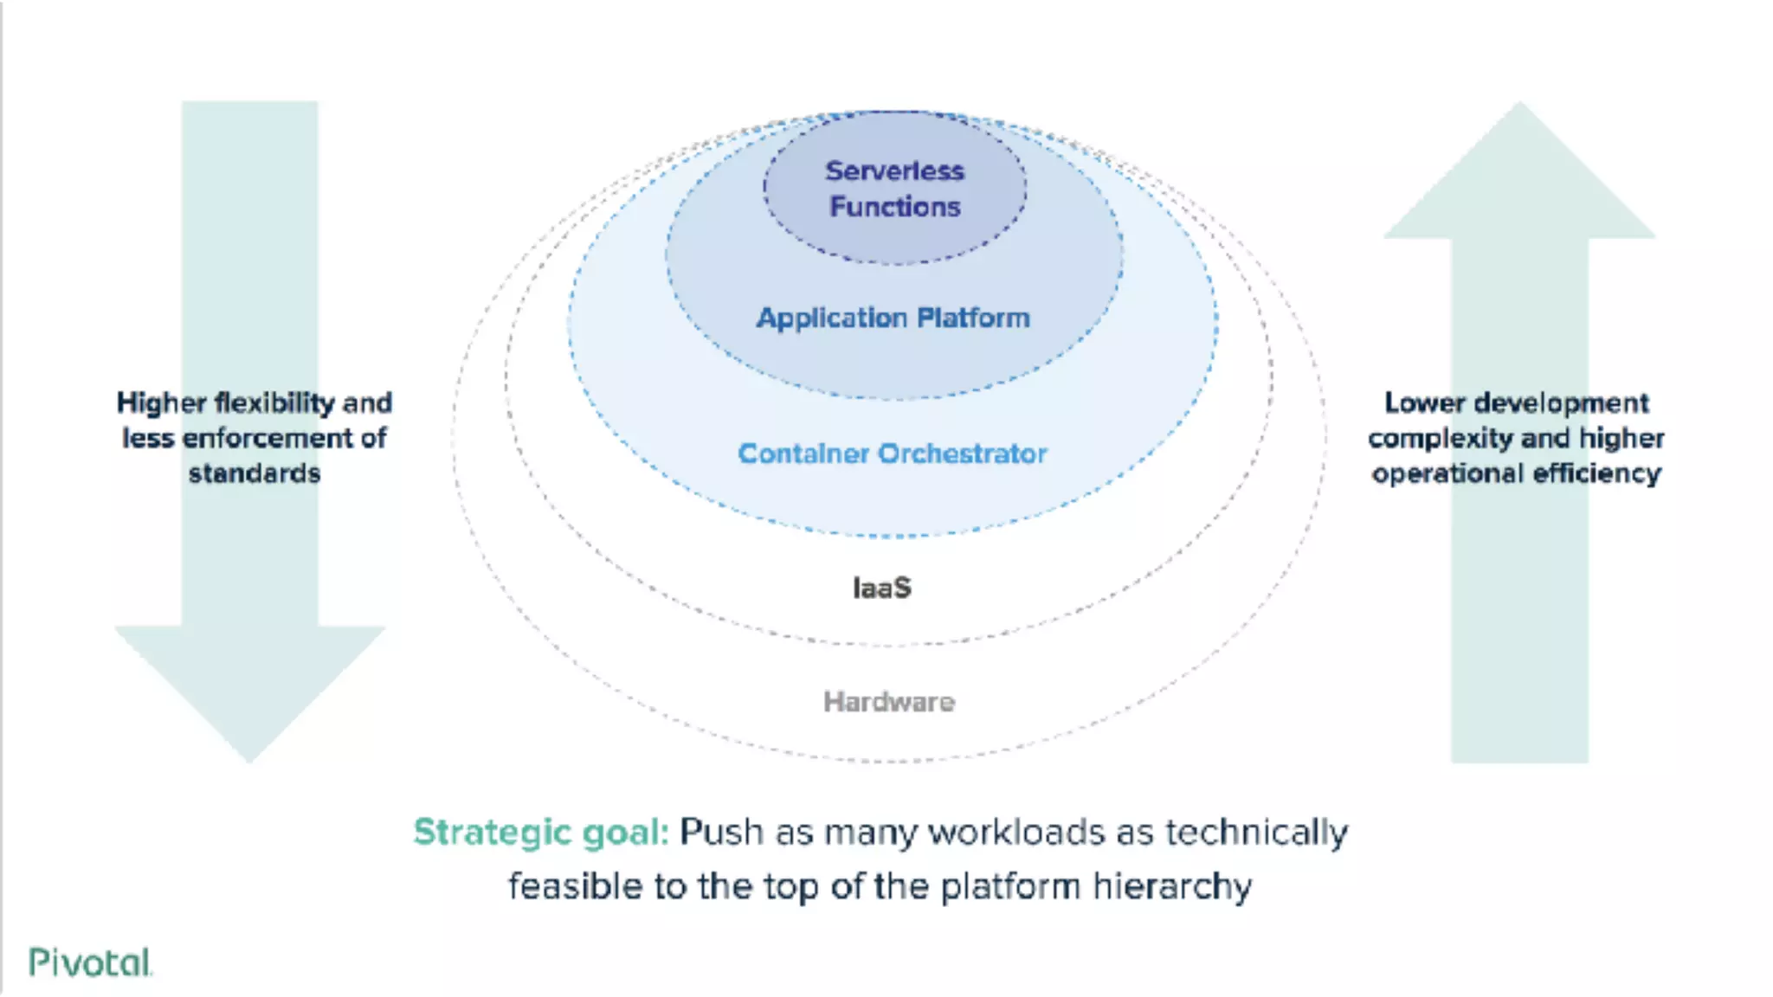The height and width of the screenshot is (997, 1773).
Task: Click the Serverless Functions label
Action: tap(894, 189)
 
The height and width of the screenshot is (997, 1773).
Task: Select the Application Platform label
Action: tap(893, 318)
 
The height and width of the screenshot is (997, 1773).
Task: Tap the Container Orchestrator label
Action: tap(892, 453)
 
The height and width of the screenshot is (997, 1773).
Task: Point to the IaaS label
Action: tap(881, 589)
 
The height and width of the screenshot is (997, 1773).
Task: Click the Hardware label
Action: tap(888, 702)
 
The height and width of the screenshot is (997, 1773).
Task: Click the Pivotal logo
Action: tap(90, 962)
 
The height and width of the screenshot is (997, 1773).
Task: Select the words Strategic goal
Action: tap(541, 833)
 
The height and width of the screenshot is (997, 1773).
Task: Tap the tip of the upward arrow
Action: tap(1519, 106)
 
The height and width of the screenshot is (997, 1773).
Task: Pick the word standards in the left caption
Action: tap(255, 474)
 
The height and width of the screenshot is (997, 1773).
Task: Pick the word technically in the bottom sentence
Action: tap(1256, 833)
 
